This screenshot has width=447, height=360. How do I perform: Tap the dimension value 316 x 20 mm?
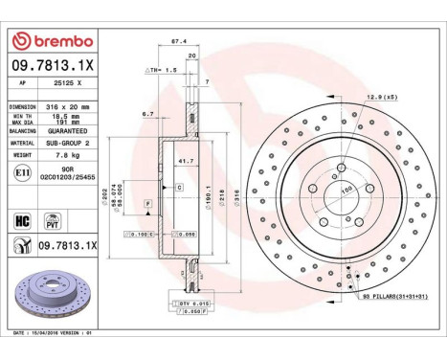tap(73, 106)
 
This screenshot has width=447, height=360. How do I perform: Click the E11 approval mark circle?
tap(22, 172)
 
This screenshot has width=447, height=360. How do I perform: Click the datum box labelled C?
tap(179, 188)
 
